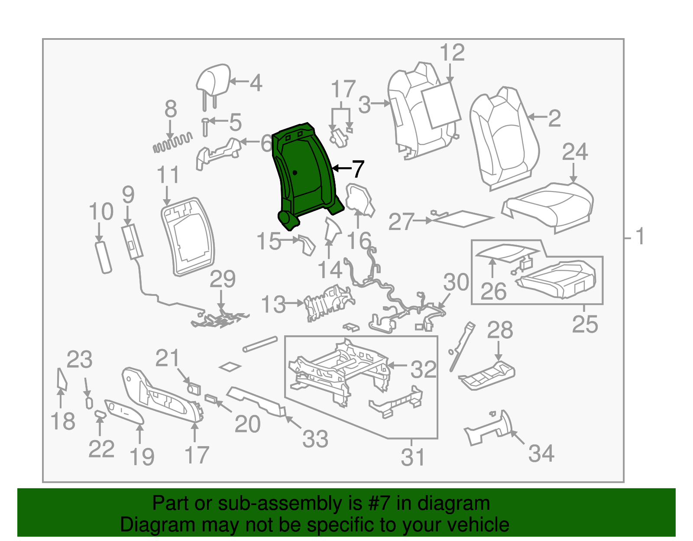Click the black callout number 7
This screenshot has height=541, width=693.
(x=357, y=169)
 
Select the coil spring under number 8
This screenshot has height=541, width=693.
(x=172, y=143)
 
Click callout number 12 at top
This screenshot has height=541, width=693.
(x=452, y=53)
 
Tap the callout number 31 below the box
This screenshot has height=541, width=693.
(x=413, y=457)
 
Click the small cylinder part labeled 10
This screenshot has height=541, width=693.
(x=103, y=258)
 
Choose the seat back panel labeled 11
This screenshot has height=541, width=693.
(x=188, y=236)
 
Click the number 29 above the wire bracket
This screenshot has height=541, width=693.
(x=222, y=279)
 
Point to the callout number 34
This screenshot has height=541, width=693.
(x=541, y=454)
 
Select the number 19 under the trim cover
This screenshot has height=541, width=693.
(x=142, y=457)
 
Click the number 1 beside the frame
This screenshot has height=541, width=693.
(x=640, y=237)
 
